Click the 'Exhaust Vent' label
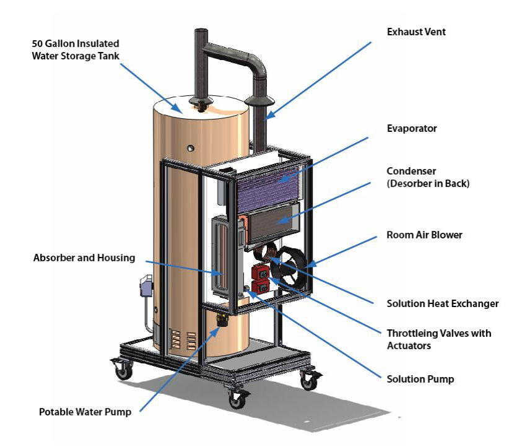click(415, 32)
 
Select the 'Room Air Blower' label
click(424, 235)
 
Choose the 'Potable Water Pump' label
click(85, 412)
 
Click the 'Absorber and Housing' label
click(84, 258)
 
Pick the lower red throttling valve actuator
click(259, 285)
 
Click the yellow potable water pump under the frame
click(220, 320)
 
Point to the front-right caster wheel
click(236, 399)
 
